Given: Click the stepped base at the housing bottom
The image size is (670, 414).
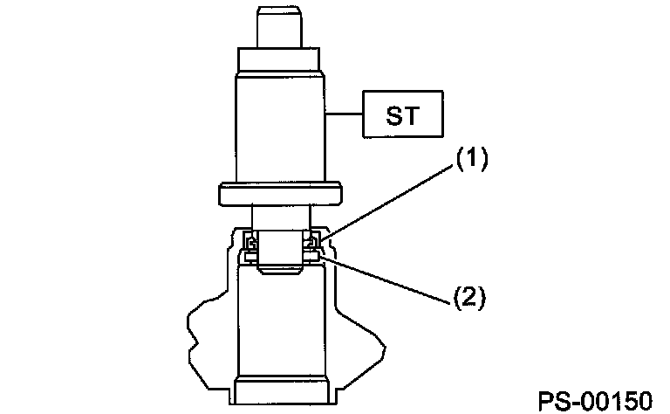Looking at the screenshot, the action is click(x=283, y=393).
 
